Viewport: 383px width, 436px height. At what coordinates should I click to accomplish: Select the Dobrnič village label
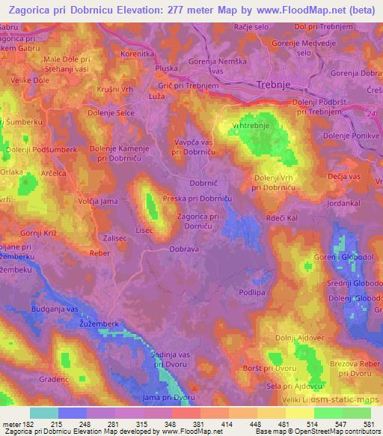204,183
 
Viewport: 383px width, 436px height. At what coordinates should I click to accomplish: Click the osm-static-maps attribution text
347,402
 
